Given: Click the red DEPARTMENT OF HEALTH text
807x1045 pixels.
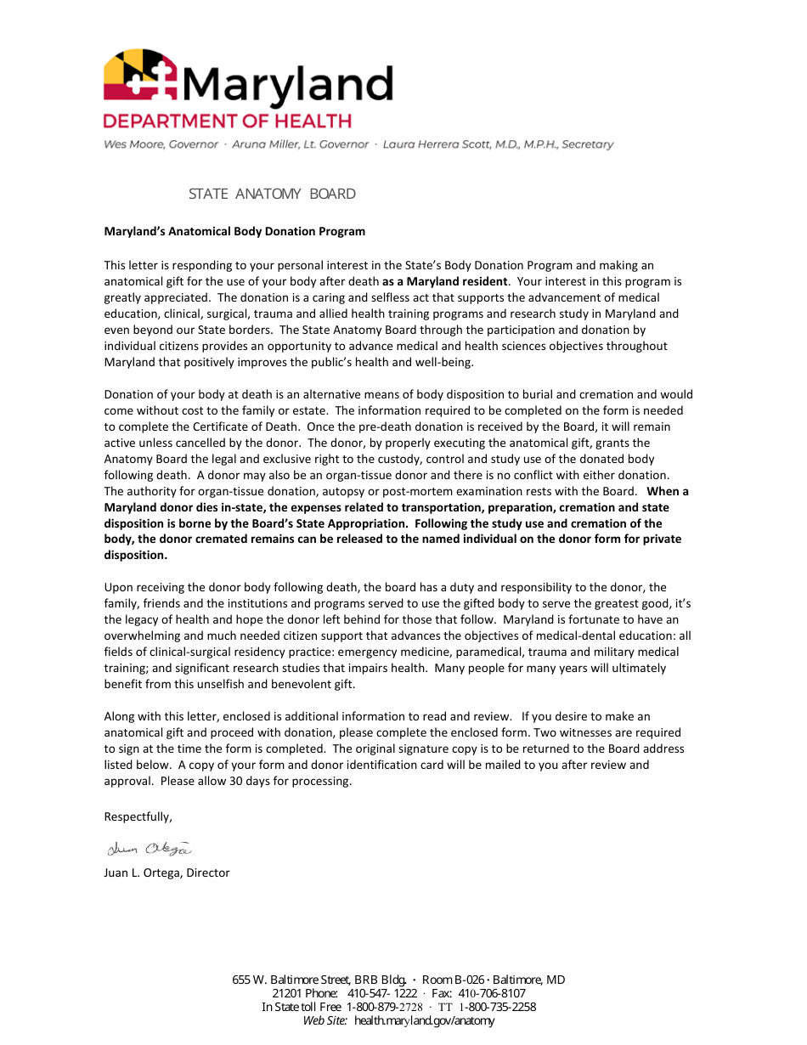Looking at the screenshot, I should coord(227,121).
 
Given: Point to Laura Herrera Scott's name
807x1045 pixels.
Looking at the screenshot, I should coord(498,144).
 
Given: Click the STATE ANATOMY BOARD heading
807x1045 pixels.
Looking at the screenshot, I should coord(272,194).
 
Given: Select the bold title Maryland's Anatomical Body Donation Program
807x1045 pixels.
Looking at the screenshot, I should coord(234,231).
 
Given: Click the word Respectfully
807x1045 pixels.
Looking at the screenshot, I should coord(138,816).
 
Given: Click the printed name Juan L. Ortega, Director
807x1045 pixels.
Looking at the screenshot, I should coord(166,873).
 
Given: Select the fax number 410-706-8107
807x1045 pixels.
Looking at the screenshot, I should coord(492,993).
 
